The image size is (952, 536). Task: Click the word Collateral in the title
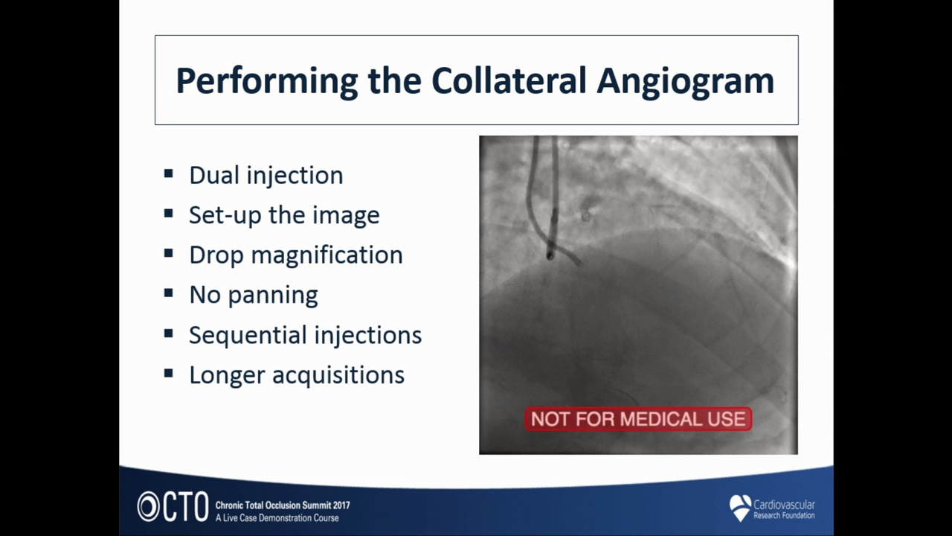pyautogui.click(x=509, y=80)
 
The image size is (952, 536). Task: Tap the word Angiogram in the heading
pyautogui.click(x=686, y=82)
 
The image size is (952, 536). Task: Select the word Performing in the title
pyautogui.click(x=267, y=82)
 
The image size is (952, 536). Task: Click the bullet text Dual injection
pyautogui.click(x=266, y=175)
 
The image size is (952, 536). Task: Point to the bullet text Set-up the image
pyautogui.click(x=284, y=215)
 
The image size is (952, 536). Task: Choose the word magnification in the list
pyautogui.click(x=327, y=255)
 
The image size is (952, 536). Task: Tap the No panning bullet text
pyautogui.click(x=254, y=295)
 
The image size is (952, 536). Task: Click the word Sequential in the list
pyautogui.click(x=248, y=335)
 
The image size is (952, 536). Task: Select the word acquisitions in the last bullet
pyautogui.click(x=338, y=375)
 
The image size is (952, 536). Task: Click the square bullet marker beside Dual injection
pyautogui.click(x=168, y=173)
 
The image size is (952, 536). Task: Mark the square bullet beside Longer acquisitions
pyautogui.click(x=168, y=374)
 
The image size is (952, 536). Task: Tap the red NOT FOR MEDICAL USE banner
pyautogui.click(x=638, y=419)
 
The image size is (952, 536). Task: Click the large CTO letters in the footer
pyautogui.click(x=186, y=507)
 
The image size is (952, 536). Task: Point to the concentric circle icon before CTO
pyautogui.click(x=148, y=507)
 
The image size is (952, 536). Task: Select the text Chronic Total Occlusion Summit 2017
pyautogui.click(x=283, y=505)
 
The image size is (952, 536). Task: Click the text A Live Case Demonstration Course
pyautogui.click(x=277, y=518)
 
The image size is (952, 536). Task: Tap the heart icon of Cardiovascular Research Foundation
pyautogui.click(x=740, y=508)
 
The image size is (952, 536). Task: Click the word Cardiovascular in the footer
pyautogui.click(x=784, y=505)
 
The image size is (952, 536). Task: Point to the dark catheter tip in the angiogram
pyautogui.click(x=550, y=255)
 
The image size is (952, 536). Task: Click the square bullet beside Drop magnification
pyautogui.click(x=168, y=254)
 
